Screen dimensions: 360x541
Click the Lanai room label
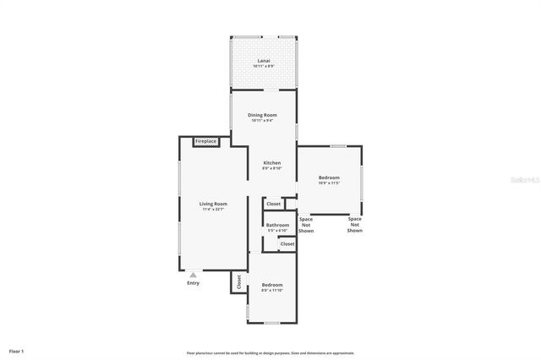coord(265,61)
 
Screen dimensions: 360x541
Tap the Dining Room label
coord(262,115)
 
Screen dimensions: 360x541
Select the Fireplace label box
coord(206,141)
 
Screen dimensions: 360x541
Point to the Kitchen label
coord(272,162)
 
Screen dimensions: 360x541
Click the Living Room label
coord(213,204)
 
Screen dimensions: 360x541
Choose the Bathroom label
coord(277,225)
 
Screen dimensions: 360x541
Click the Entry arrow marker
coord(194,274)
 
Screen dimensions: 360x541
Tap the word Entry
coord(194,283)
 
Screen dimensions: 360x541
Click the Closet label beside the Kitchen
coord(273,204)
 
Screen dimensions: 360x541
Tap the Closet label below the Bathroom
coord(287,243)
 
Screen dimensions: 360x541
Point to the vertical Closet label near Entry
coord(238,281)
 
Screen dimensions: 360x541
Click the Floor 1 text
coord(17,350)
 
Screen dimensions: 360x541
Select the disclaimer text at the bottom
coord(270,352)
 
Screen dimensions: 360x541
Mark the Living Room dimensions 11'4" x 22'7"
coord(213,209)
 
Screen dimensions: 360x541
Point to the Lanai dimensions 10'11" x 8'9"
coord(265,66)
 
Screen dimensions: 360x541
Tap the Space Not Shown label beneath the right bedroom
coord(355,225)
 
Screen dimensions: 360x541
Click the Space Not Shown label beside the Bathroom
coord(306,225)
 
